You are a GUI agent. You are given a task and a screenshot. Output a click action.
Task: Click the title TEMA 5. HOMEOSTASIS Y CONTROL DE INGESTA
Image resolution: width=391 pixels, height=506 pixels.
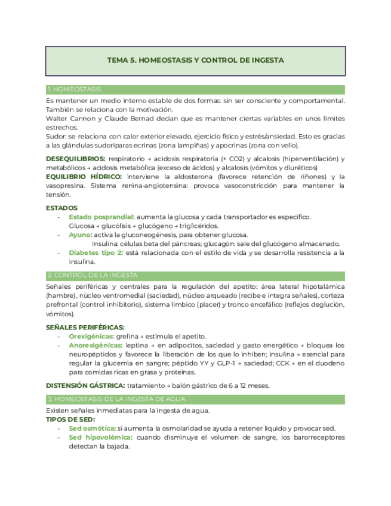click(x=195, y=60)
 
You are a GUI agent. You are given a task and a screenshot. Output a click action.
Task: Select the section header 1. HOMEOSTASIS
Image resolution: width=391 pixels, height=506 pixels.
click(x=73, y=90)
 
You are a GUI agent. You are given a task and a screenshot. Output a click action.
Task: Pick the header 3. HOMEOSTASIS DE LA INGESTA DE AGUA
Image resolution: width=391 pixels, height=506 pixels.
click(x=116, y=399)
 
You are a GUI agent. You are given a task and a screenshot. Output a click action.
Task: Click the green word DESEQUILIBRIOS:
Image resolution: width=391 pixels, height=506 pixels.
click(x=75, y=159)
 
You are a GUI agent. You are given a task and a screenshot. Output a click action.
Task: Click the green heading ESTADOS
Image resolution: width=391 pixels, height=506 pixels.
click(x=61, y=208)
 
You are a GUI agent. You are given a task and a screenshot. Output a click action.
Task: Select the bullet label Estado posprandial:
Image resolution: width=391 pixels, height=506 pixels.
click(x=101, y=217)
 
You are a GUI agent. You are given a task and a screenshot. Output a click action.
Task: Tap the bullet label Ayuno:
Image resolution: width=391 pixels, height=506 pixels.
click(x=80, y=235)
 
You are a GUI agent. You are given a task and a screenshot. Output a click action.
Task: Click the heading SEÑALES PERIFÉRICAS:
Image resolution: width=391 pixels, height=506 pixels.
click(x=85, y=327)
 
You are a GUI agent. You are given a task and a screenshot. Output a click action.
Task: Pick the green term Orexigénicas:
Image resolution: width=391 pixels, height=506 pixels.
click(x=91, y=336)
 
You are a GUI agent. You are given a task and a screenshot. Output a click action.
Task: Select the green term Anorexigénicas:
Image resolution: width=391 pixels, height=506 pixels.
click(x=96, y=345)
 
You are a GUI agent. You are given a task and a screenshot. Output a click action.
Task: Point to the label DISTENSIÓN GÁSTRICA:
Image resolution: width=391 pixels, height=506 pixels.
click(x=85, y=385)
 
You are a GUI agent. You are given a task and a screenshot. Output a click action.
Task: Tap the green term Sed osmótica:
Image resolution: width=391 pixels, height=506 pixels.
click(x=92, y=428)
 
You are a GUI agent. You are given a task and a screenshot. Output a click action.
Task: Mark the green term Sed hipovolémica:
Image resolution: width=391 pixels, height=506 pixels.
click(x=100, y=437)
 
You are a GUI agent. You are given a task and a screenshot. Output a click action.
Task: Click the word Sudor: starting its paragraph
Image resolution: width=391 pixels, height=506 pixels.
click(x=56, y=136)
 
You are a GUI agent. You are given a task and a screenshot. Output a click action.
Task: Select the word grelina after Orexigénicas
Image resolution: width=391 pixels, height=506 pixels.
click(x=127, y=336)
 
